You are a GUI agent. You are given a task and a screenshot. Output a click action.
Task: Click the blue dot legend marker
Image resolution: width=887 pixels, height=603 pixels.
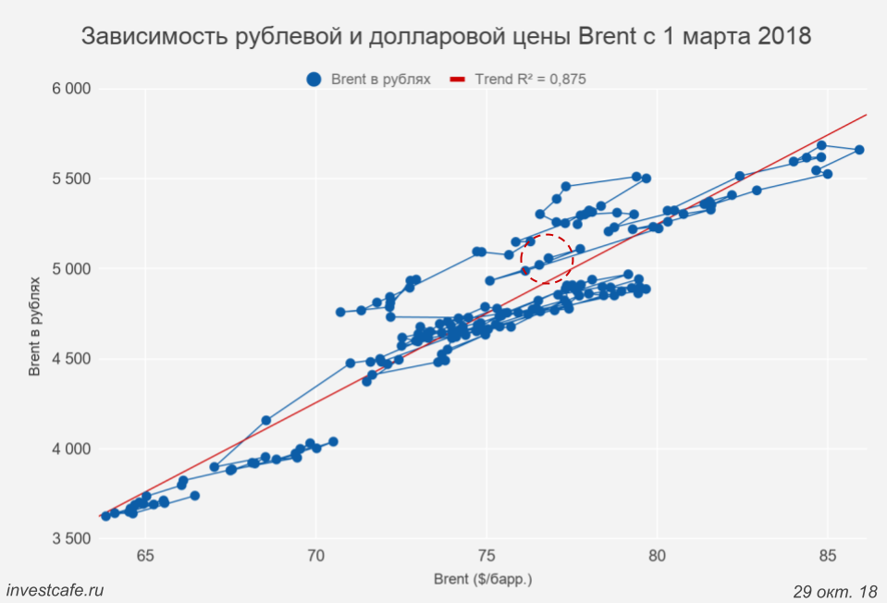click(314, 80)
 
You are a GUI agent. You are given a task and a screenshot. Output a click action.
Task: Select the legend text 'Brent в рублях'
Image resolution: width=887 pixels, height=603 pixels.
click(381, 80)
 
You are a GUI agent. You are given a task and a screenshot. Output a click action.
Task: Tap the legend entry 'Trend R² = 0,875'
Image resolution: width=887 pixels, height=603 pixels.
click(530, 80)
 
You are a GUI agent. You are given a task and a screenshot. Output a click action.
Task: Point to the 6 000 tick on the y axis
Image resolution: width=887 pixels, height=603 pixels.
click(70, 89)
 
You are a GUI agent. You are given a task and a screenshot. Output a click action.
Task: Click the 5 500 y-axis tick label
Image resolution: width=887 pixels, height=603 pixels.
click(70, 178)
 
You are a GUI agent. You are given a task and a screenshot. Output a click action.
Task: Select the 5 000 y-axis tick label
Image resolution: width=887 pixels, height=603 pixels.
click(70, 269)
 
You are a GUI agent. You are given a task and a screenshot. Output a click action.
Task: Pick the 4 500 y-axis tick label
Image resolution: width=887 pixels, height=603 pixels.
click(70, 359)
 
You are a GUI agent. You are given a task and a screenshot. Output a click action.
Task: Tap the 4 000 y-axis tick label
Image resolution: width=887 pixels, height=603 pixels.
click(70, 449)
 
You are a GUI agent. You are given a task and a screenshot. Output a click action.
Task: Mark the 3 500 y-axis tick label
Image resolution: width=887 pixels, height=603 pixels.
click(70, 539)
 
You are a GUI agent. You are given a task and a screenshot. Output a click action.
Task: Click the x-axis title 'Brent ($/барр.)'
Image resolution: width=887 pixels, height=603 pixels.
click(483, 580)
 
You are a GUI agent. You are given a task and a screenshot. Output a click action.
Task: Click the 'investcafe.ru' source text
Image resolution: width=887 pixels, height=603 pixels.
click(55, 590)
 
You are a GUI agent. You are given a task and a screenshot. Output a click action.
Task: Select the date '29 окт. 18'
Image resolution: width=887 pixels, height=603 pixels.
click(835, 590)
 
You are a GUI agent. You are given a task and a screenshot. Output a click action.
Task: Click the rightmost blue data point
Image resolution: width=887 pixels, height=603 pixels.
click(859, 150)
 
